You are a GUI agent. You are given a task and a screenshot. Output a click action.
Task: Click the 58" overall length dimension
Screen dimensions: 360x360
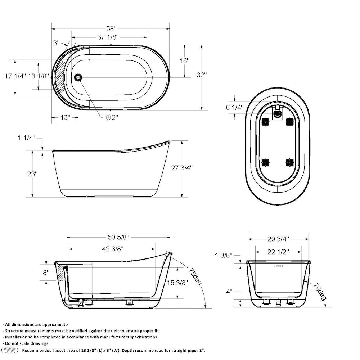(111, 28)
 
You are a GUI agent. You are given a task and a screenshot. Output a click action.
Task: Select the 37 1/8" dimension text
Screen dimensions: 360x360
(108, 37)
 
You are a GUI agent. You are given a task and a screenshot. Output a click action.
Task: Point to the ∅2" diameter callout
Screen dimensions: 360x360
(112, 118)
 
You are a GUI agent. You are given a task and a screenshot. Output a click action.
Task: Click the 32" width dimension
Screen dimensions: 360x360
(202, 75)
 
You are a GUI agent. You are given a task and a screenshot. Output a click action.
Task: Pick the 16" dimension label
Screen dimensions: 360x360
(184, 61)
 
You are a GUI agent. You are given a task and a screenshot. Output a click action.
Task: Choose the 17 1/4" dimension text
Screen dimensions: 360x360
(15, 76)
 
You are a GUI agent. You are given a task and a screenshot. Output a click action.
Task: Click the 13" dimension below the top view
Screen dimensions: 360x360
(65, 117)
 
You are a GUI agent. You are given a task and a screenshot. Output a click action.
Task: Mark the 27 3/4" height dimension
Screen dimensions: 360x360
(182, 168)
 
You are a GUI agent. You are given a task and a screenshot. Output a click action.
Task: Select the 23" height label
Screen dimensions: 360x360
(32, 174)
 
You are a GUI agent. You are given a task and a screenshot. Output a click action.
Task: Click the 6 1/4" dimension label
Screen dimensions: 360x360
(234, 107)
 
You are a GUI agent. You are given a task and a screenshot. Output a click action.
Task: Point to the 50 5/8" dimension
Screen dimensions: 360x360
(118, 237)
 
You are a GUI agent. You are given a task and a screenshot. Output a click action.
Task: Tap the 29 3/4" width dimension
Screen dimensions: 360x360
(278, 239)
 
